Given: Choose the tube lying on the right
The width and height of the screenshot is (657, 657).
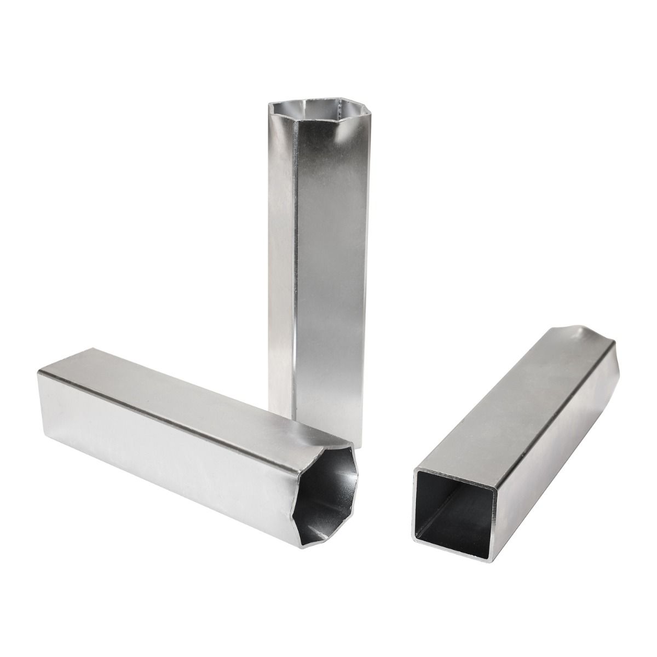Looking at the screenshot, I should (x=520, y=438).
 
